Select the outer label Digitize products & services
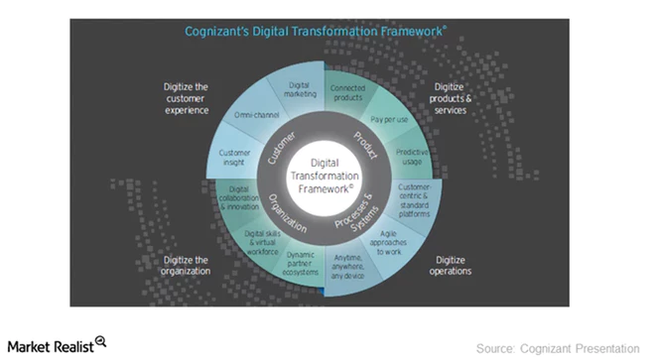(459, 98)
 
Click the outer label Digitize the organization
(187, 265)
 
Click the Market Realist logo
(56, 344)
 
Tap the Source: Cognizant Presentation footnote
(558, 347)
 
